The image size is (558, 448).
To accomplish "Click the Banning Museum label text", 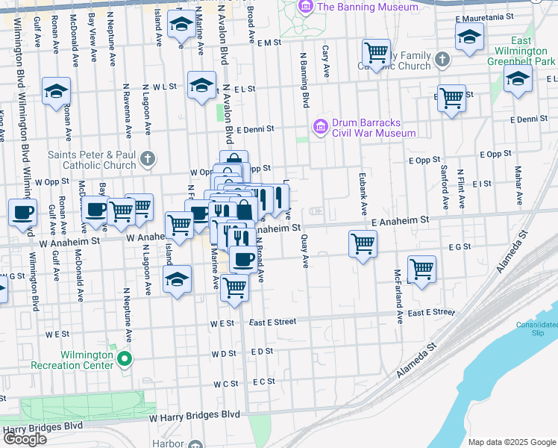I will (357, 7).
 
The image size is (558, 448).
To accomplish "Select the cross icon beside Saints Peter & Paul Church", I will (148, 158).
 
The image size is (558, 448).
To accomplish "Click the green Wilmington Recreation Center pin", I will (125, 359).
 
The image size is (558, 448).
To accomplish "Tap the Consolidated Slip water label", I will (536, 329).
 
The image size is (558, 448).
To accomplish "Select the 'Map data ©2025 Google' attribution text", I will (512, 442).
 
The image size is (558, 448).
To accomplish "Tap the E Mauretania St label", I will (506, 17).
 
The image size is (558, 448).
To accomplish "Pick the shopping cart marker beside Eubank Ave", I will (363, 242).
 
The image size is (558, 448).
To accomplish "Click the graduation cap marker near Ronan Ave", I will (57, 91).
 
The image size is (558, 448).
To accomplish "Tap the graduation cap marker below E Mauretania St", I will (469, 36).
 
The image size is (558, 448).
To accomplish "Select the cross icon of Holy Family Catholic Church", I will (442, 59).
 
